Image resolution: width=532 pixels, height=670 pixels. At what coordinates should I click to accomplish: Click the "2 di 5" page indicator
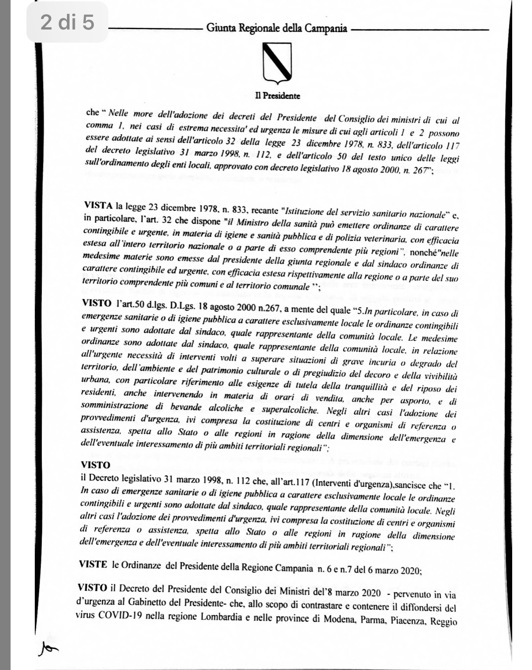67,22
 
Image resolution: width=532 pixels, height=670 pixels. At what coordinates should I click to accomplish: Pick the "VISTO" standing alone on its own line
96,465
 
